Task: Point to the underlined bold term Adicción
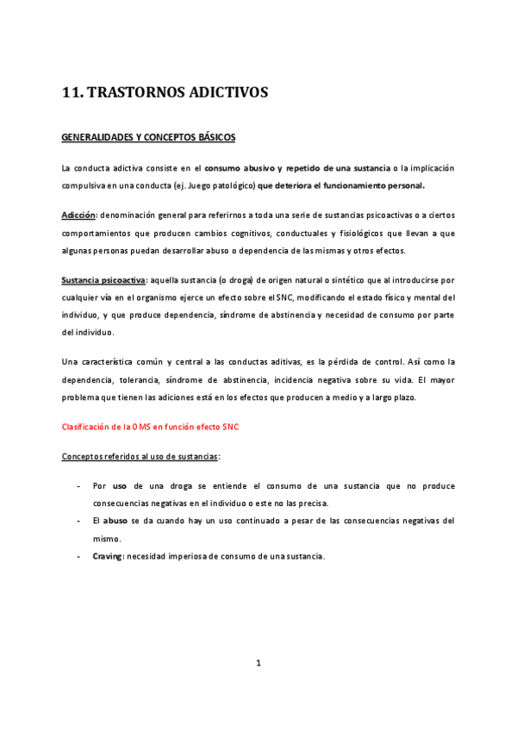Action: tap(78, 215)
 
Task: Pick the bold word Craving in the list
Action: tap(108, 556)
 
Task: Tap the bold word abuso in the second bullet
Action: tap(115, 521)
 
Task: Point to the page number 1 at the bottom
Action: tap(258, 662)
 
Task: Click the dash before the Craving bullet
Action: tap(79, 556)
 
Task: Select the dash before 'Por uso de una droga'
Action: tap(79, 486)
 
